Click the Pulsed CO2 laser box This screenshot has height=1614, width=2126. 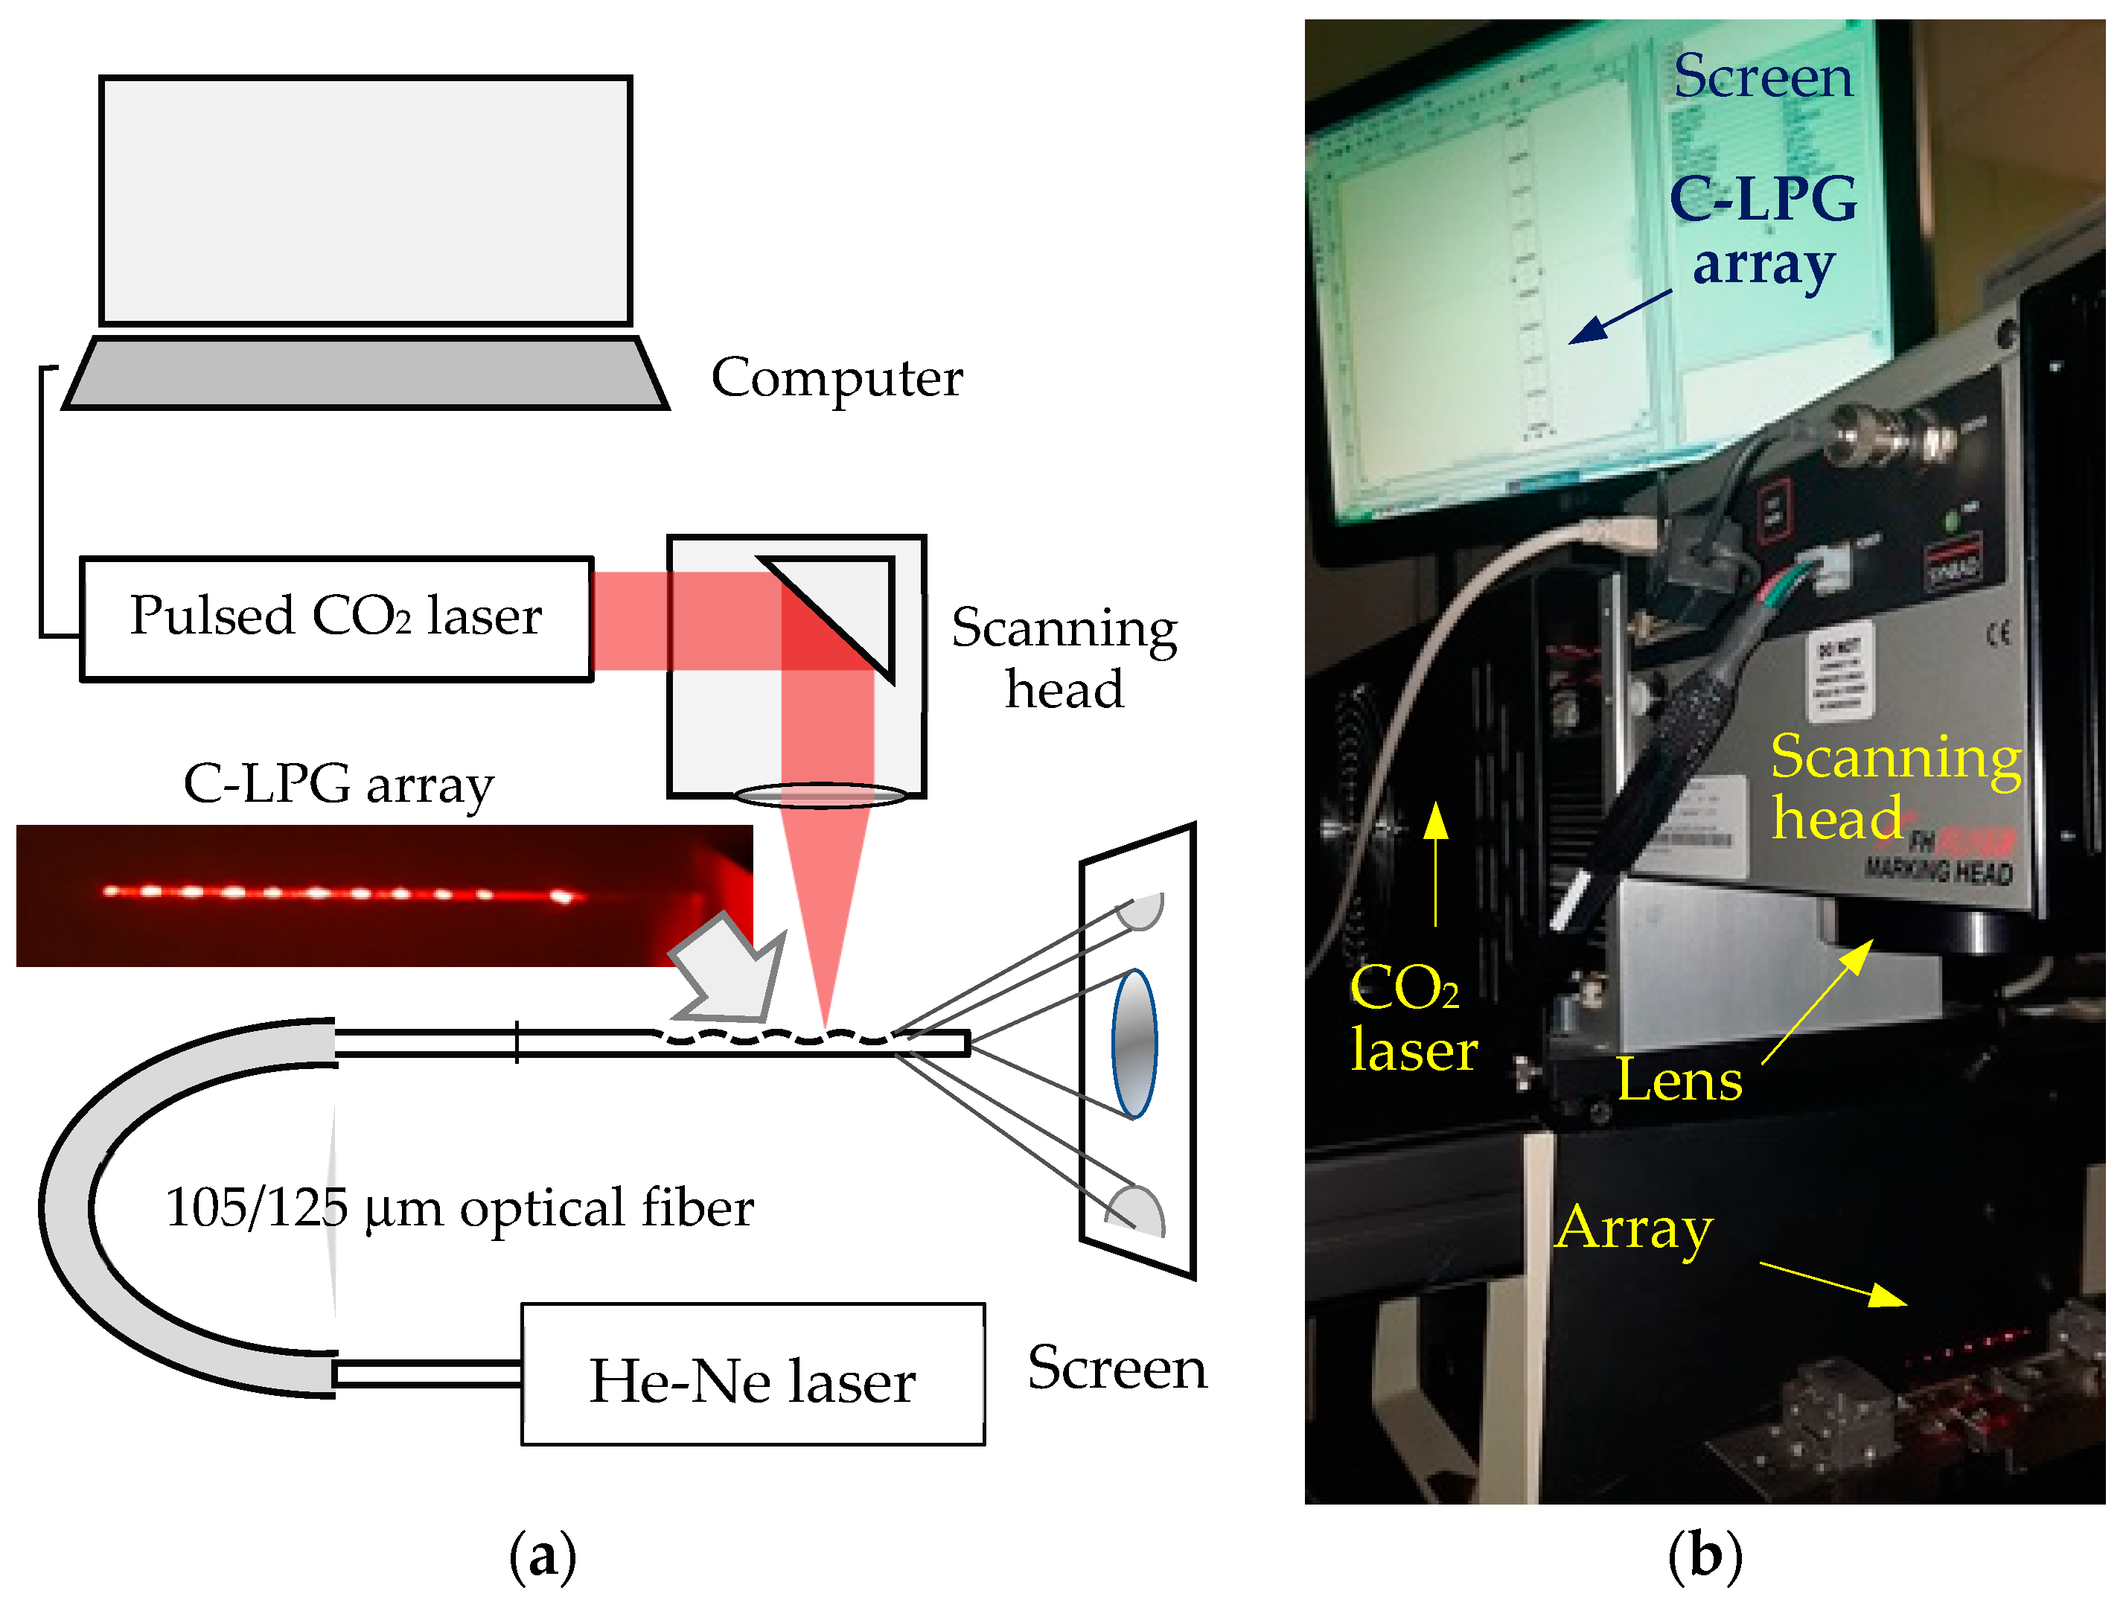tap(336, 619)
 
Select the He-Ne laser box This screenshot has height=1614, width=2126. tap(753, 1374)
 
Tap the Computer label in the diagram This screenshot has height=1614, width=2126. tap(836, 377)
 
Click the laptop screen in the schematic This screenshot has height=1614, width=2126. tap(365, 201)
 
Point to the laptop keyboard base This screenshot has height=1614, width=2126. tap(365, 374)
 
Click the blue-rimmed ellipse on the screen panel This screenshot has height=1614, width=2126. tap(1134, 1044)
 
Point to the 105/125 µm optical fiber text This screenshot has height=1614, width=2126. tap(459, 1208)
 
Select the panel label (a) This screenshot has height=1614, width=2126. tap(542, 1555)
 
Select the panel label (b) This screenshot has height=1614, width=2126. tap(1704, 1555)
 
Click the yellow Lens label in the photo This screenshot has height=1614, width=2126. tap(1679, 1079)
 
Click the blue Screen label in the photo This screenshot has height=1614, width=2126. tap(1763, 77)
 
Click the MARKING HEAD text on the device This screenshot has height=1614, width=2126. tap(1938, 872)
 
